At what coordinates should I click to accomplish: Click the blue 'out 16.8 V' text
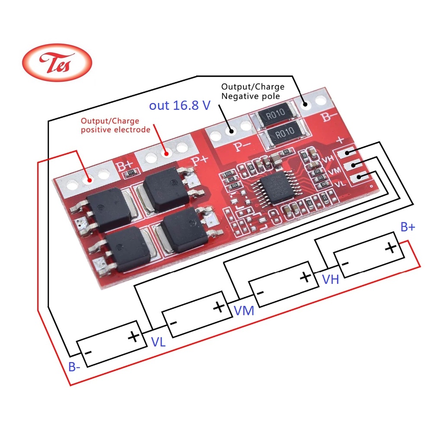point(179,106)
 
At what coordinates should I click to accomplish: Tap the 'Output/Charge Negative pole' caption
point(253,91)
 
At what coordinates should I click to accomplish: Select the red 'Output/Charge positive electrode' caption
point(116,125)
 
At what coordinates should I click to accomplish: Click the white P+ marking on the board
point(200,160)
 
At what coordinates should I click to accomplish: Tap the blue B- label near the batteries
point(74,367)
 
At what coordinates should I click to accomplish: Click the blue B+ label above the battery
point(408,227)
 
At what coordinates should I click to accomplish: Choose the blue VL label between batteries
point(158,342)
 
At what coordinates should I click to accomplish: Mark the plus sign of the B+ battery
point(391,247)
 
